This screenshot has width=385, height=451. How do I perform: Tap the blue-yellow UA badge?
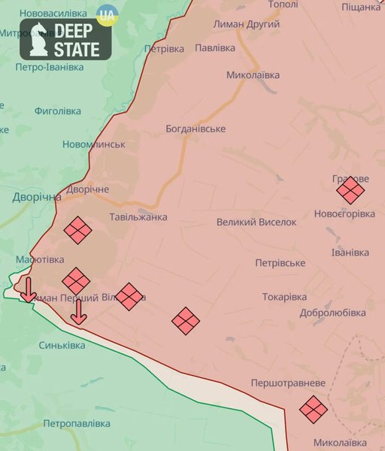pos(107,14)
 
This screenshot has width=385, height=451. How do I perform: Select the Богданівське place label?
pos(196,129)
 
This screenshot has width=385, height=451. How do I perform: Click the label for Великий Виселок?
pos(256,222)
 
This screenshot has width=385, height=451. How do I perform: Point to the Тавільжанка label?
pos(138,217)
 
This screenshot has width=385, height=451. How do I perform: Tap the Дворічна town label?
pos(36,197)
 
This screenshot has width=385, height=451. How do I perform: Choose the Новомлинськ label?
pos(94,144)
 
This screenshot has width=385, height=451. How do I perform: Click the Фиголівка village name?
pos(57,110)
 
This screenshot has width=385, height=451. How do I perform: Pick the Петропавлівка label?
pos(77,424)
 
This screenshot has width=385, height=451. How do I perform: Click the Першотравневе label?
pos(288,383)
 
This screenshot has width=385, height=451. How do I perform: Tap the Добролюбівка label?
pos(332,313)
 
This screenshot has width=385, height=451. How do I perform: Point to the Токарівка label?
pos(285,297)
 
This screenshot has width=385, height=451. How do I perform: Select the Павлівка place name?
pos(215,47)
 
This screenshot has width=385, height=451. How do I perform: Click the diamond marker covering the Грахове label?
pos(350,189)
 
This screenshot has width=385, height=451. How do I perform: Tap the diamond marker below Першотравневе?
pos(313,409)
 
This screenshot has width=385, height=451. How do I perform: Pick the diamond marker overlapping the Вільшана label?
pos(129,296)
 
